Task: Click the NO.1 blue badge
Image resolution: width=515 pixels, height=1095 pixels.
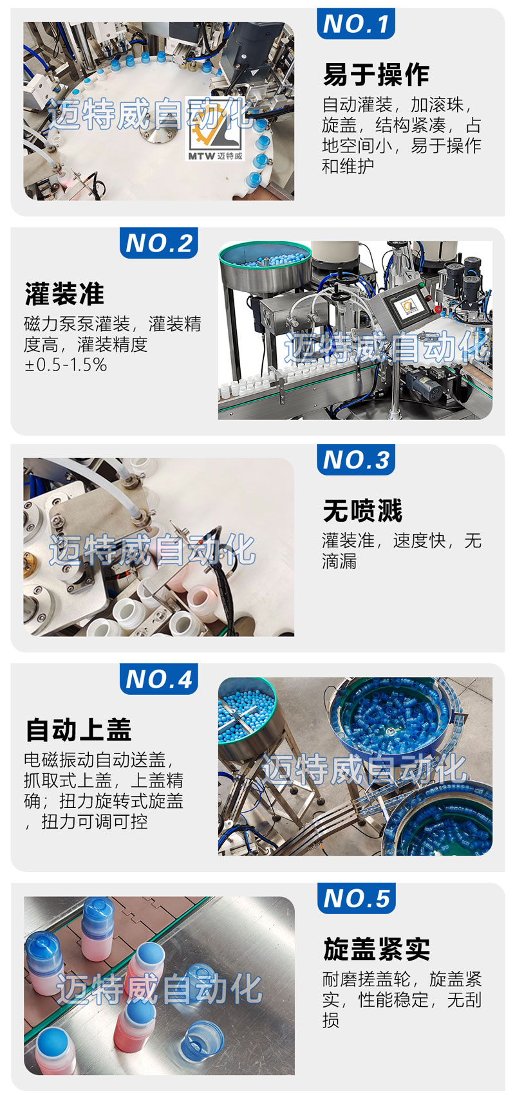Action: pos(355,23)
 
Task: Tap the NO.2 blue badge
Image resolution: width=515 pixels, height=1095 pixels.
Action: pos(159,243)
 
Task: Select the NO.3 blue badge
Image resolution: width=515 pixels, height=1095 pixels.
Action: pos(355,459)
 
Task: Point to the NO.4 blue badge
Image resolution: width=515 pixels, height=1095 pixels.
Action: pos(159,679)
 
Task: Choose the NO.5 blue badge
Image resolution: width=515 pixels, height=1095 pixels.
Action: pos(356,898)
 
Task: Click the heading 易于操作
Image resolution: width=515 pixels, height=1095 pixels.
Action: pos(375,74)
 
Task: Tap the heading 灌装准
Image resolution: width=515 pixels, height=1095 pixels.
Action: pos(64,293)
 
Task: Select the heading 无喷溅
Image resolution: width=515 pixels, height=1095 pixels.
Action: pos(362,510)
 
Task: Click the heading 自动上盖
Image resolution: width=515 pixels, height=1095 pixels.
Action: pos(79,730)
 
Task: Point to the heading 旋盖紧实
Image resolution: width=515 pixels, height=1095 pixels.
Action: pos(377,949)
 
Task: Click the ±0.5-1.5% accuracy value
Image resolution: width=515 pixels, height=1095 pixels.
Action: pos(66,365)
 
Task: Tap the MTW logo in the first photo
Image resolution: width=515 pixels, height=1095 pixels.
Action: pos(216,131)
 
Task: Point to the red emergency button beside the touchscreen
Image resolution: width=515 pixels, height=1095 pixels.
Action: pos(437,309)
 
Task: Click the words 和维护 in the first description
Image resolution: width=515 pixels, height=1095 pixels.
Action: pos(348,166)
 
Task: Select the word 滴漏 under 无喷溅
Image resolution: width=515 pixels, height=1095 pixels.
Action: pos(339,561)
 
